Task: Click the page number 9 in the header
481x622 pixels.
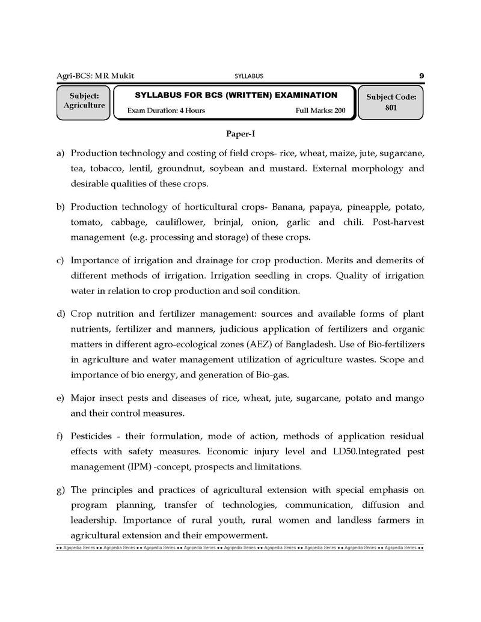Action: tap(421, 76)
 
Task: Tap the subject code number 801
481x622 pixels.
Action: tap(391, 108)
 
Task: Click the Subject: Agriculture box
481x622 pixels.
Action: tap(84, 101)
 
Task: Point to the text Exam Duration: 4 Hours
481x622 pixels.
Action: tap(166, 111)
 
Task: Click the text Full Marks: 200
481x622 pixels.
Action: tap(320, 111)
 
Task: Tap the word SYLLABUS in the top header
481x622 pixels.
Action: tap(248, 76)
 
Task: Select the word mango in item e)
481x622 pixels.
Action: tap(409, 398)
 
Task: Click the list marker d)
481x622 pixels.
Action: tap(61, 314)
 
